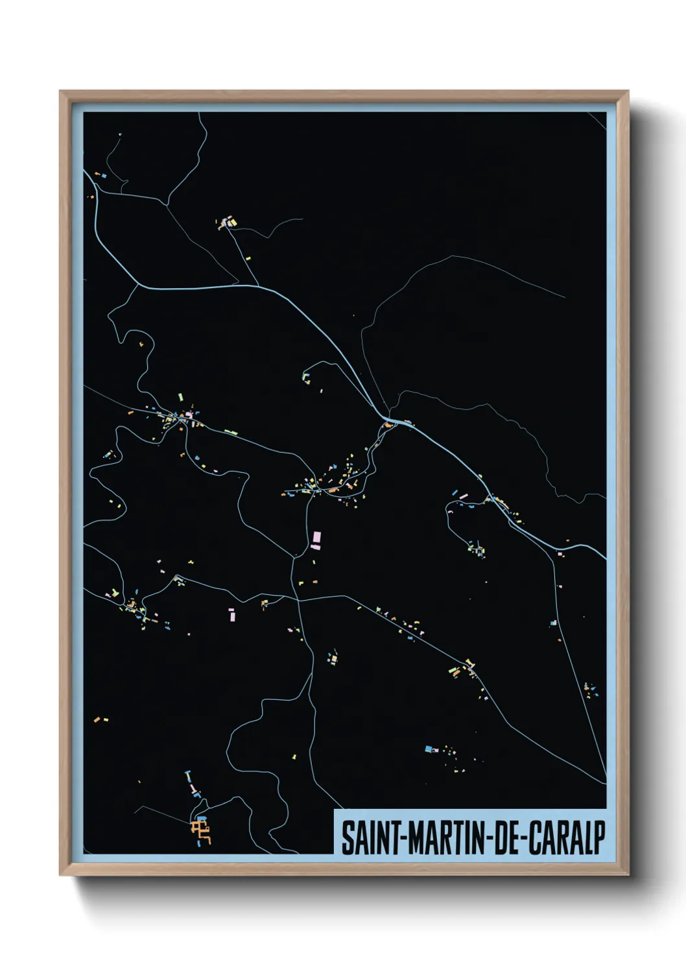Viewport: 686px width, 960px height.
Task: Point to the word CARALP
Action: (x=566, y=838)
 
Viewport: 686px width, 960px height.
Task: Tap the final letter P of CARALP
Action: (x=598, y=838)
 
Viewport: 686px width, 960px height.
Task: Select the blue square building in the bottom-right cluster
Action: (x=428, y=749)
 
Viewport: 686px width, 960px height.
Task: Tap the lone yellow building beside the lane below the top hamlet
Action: (x=248, y=258)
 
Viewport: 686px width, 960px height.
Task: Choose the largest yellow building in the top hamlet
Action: (x=233, y=223)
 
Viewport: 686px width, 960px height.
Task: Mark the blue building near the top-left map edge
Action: (x=103, y=175)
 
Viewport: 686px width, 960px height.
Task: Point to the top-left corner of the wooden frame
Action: (x=60, y=91)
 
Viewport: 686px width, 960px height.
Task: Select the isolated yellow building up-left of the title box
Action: (x=294, y=756)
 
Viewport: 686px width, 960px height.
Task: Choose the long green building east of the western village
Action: (x=230, y=431)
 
